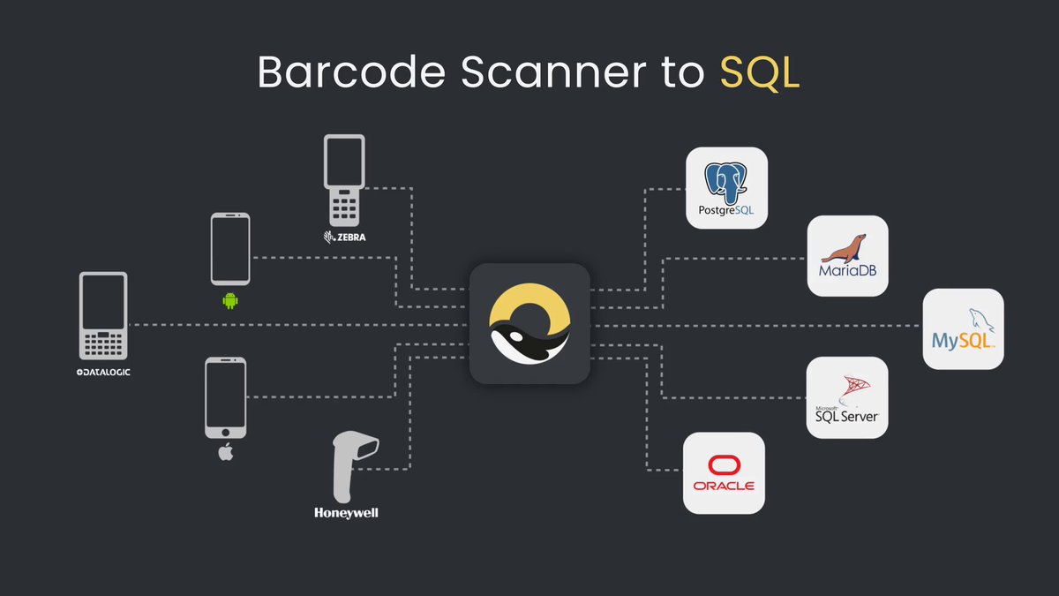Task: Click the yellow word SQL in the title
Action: coord(760,72)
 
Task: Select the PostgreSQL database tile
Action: coord(726,188)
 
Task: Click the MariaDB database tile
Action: coord(848,256)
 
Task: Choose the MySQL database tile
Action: coord(963,328)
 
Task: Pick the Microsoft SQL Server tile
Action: coord(847,397)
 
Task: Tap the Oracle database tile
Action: coord(724,472)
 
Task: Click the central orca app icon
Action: coord(529,323)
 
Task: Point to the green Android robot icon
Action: coord(230,301)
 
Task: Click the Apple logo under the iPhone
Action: coord(226,452)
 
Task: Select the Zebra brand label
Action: coord(345,237)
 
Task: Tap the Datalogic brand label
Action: coord(103,373)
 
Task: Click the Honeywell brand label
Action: coord(346,513)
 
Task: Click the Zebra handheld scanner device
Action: coord(344,180)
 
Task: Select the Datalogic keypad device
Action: coord(103,315)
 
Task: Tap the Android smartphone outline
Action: coord(230,249)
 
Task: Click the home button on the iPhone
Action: coord(226,433)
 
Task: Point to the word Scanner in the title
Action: coord(554,72)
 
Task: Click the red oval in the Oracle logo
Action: coord(724,465)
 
